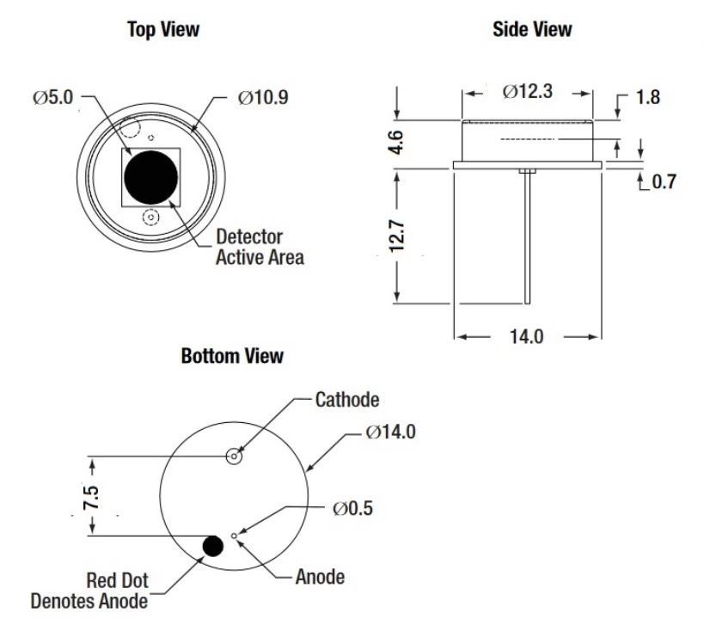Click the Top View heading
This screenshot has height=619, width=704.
coord(162,29)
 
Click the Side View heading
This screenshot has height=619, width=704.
coord(531,29)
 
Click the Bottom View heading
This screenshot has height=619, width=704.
coord(232,355)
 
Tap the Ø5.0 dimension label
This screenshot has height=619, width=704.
coord(54,97)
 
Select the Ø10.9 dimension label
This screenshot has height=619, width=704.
coord(263,97)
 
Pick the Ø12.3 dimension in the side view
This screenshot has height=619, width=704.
coord(528,91)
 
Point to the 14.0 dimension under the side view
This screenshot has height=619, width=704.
coord(526,336)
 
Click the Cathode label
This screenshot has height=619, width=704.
coord(347,399)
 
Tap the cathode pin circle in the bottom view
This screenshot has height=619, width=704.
coord(233,457)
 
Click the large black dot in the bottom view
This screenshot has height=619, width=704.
coord(212,545)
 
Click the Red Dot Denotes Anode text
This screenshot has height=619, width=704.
coord(89,590)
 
